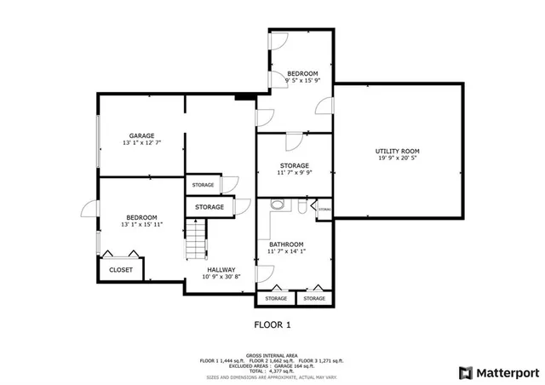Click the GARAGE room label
click(141, 136)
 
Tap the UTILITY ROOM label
click(398, 152)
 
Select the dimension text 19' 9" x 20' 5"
click(398, 158)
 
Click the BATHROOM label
click(286, 244)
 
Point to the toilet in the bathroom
click(276, 205)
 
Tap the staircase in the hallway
click(197, 238)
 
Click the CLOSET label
click(120, 270)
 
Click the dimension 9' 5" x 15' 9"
click(302, 81)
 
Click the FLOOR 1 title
click(272, 325)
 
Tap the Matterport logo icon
click(464, 372)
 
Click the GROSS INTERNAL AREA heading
click(272, 355)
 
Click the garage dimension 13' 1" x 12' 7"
click(141, 143)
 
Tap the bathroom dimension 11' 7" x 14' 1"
click(286, 251)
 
